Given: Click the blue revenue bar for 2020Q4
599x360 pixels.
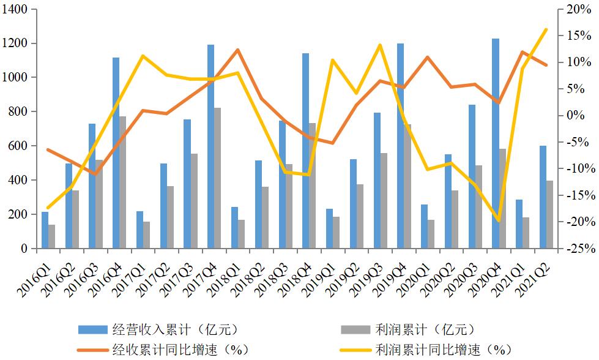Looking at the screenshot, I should [496, 144].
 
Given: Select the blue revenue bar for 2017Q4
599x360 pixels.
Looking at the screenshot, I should [210, 147].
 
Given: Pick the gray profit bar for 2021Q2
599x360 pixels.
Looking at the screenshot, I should [549, 214].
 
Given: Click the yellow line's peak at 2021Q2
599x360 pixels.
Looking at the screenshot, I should [546, 29].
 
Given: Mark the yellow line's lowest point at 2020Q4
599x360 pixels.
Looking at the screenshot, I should [499, 220].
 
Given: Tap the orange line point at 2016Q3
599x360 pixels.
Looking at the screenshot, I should [95, 174].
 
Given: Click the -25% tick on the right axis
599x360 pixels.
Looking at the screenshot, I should [576, 249].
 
